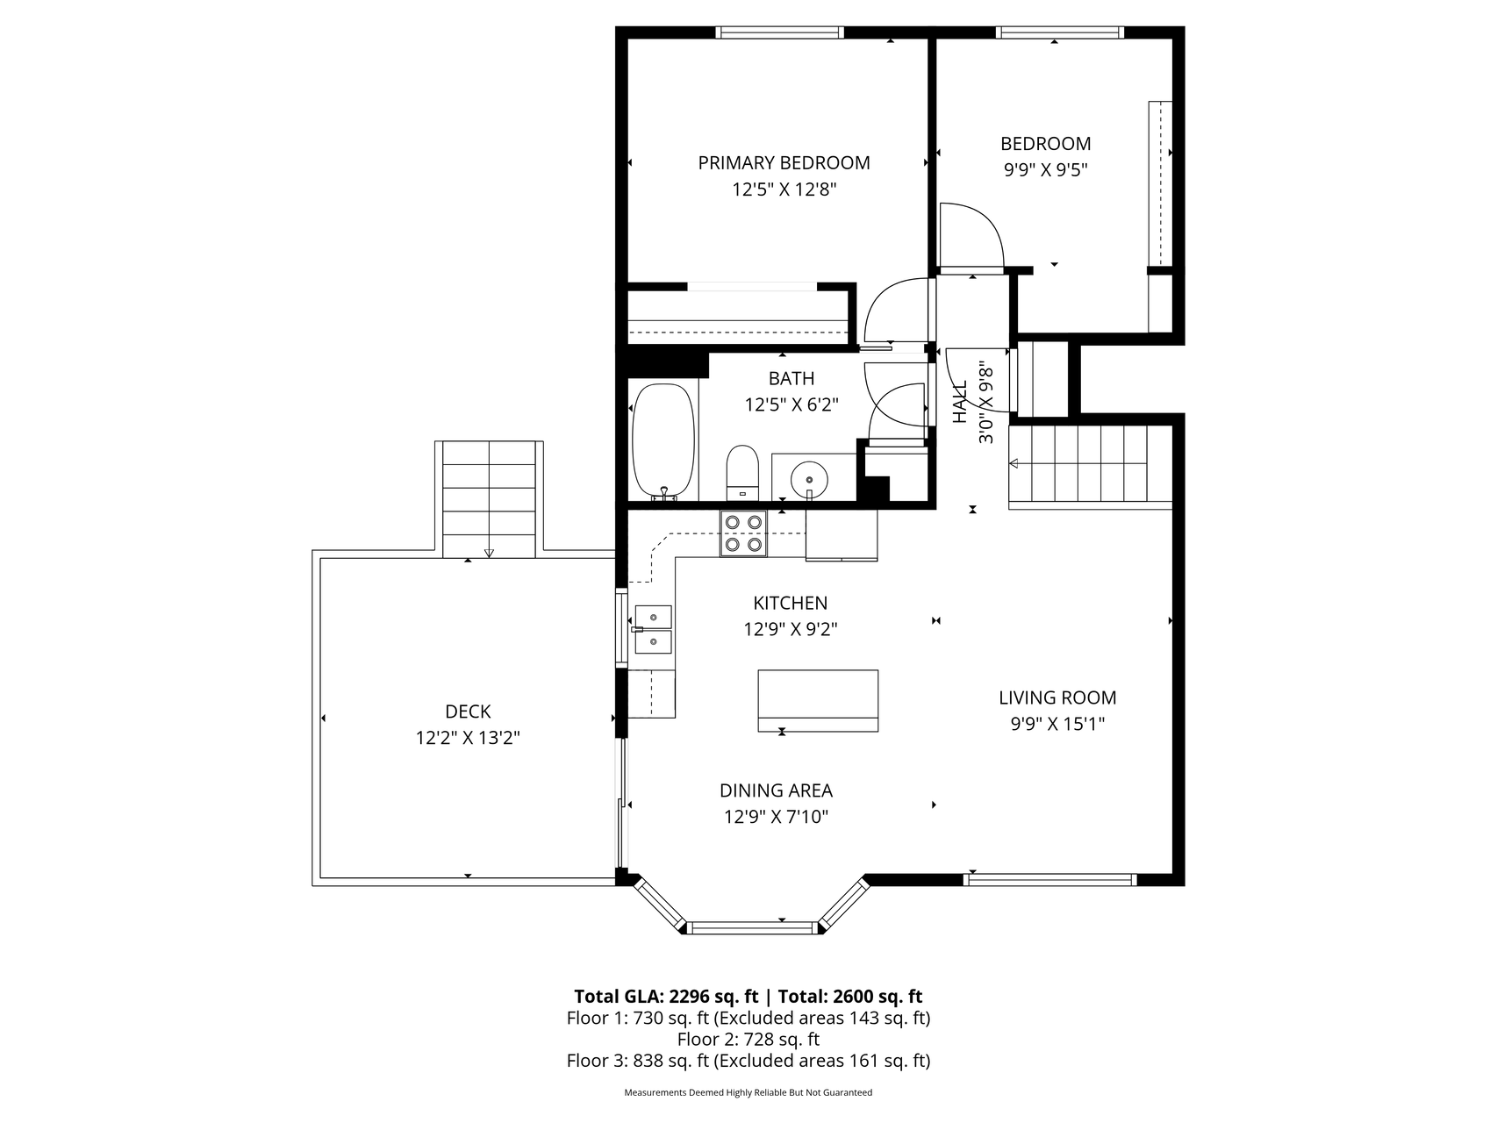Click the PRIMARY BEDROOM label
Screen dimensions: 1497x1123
tap(784, 163)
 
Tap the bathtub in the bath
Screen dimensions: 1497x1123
tap(663, 442)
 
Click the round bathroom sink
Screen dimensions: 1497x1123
tap(808, 480)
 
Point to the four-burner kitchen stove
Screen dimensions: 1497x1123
tap(743, 533)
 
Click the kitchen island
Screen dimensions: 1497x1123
tap(818, 700)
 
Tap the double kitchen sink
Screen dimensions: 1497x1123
tap(653, 629)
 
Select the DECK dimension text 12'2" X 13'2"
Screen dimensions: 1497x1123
tap(468, 738)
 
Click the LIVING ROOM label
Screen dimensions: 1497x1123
tap(1057, 697)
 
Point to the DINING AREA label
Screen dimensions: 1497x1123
tap(776, 790)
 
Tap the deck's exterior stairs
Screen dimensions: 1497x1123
tap(489, 499)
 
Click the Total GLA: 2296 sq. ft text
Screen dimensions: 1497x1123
tap(666, 996)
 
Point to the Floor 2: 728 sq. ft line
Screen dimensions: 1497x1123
tap(748, 1040)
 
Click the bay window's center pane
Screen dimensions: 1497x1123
tap(752, 927)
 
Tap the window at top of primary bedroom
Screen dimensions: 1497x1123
tap(779, 32)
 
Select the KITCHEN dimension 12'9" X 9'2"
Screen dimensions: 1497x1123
tap(791, 629)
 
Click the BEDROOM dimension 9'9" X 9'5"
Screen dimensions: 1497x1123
tap(1046, 169)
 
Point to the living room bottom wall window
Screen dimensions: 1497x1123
tap(1050, 880)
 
